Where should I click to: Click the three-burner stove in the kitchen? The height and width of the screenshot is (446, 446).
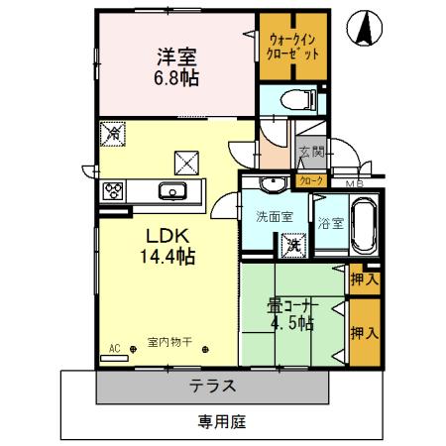point(111,191)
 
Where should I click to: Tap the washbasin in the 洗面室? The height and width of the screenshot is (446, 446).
point(271,184)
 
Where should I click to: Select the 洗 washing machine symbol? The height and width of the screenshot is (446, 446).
point(292,241)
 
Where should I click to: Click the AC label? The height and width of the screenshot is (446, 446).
point(115,348)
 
